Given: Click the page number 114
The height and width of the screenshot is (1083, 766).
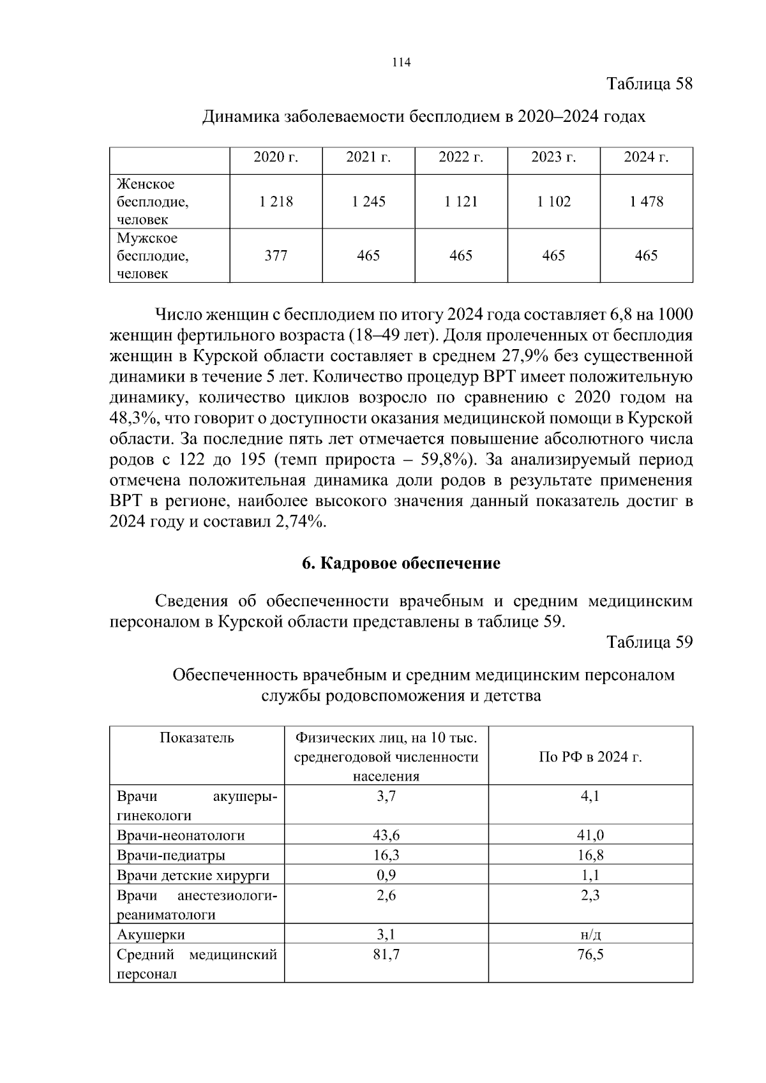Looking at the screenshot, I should tap(401, 63).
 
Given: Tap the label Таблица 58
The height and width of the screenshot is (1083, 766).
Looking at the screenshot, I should tap(649, 84).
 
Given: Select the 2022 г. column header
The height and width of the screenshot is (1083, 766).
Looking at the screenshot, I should tap(461, 158).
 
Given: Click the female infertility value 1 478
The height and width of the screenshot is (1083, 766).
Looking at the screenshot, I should tap(646, 202).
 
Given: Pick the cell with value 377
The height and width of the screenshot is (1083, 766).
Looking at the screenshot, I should tap(276, 256).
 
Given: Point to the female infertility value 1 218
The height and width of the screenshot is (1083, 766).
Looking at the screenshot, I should tap(276, 202).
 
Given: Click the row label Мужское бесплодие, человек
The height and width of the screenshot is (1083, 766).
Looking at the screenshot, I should tap(153, 256).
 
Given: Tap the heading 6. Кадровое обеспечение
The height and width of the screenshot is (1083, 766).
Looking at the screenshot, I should tap(401, 564).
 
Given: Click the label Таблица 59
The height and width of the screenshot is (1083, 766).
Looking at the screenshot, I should tap(649, 642).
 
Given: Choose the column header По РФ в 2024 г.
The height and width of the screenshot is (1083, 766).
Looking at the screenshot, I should tap(590, 757).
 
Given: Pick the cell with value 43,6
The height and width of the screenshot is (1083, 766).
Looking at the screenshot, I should tap(386, 835).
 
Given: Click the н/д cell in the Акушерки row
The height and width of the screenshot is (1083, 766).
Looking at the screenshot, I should tap(590, 935).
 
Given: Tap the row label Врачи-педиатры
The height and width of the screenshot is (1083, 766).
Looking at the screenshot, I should tap(171, 855).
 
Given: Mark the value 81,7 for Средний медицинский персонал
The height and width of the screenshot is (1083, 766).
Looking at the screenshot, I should tap(386, 955).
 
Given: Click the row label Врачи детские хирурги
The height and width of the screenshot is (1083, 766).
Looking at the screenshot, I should tap(193, 875).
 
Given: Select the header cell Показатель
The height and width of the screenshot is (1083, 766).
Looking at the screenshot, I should tap(197, 738).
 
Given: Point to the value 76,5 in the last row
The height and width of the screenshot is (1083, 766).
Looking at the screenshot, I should tap(590, 955).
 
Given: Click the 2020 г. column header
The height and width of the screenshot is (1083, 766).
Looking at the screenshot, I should tap(276, 158).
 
